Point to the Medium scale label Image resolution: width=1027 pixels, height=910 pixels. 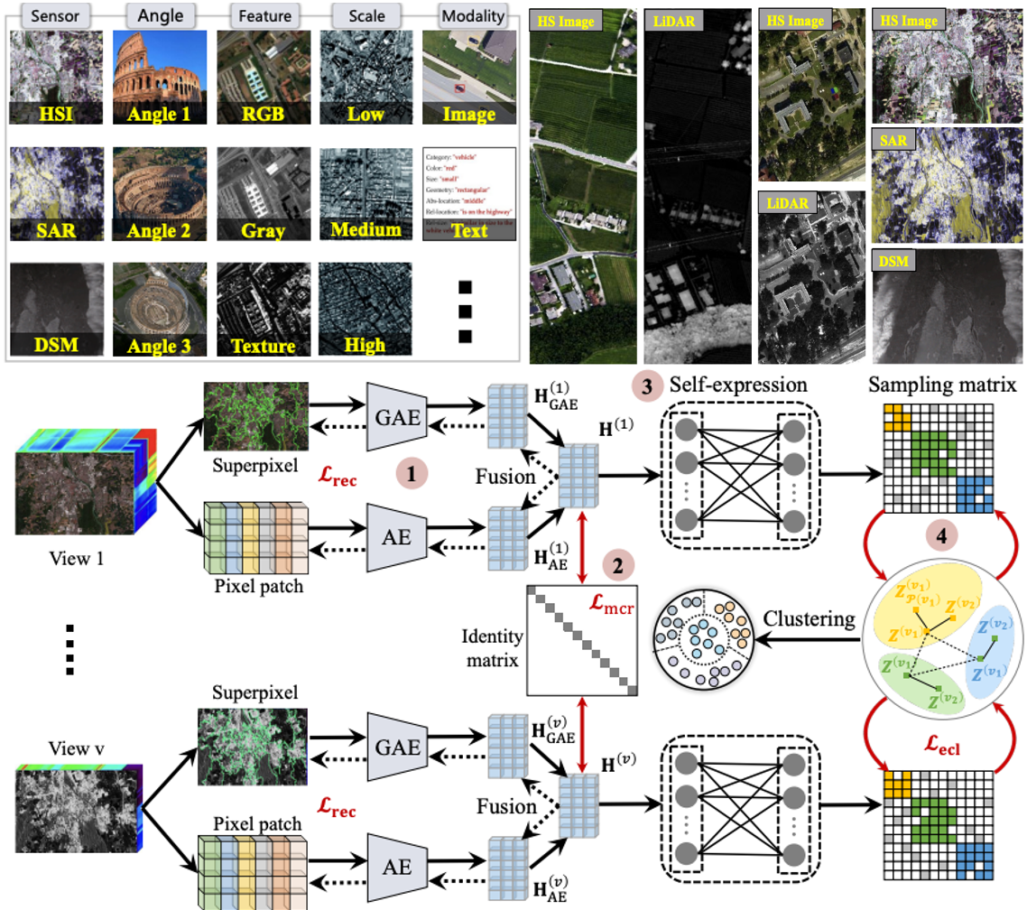(365, 229)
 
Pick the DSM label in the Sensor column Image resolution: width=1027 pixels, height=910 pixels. (57, 344)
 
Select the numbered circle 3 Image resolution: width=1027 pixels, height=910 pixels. (647, 384)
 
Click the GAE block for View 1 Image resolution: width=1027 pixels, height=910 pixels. (398, 416)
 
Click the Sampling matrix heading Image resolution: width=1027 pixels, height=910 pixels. (942, 385)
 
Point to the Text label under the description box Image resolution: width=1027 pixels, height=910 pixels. (469, 230)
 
